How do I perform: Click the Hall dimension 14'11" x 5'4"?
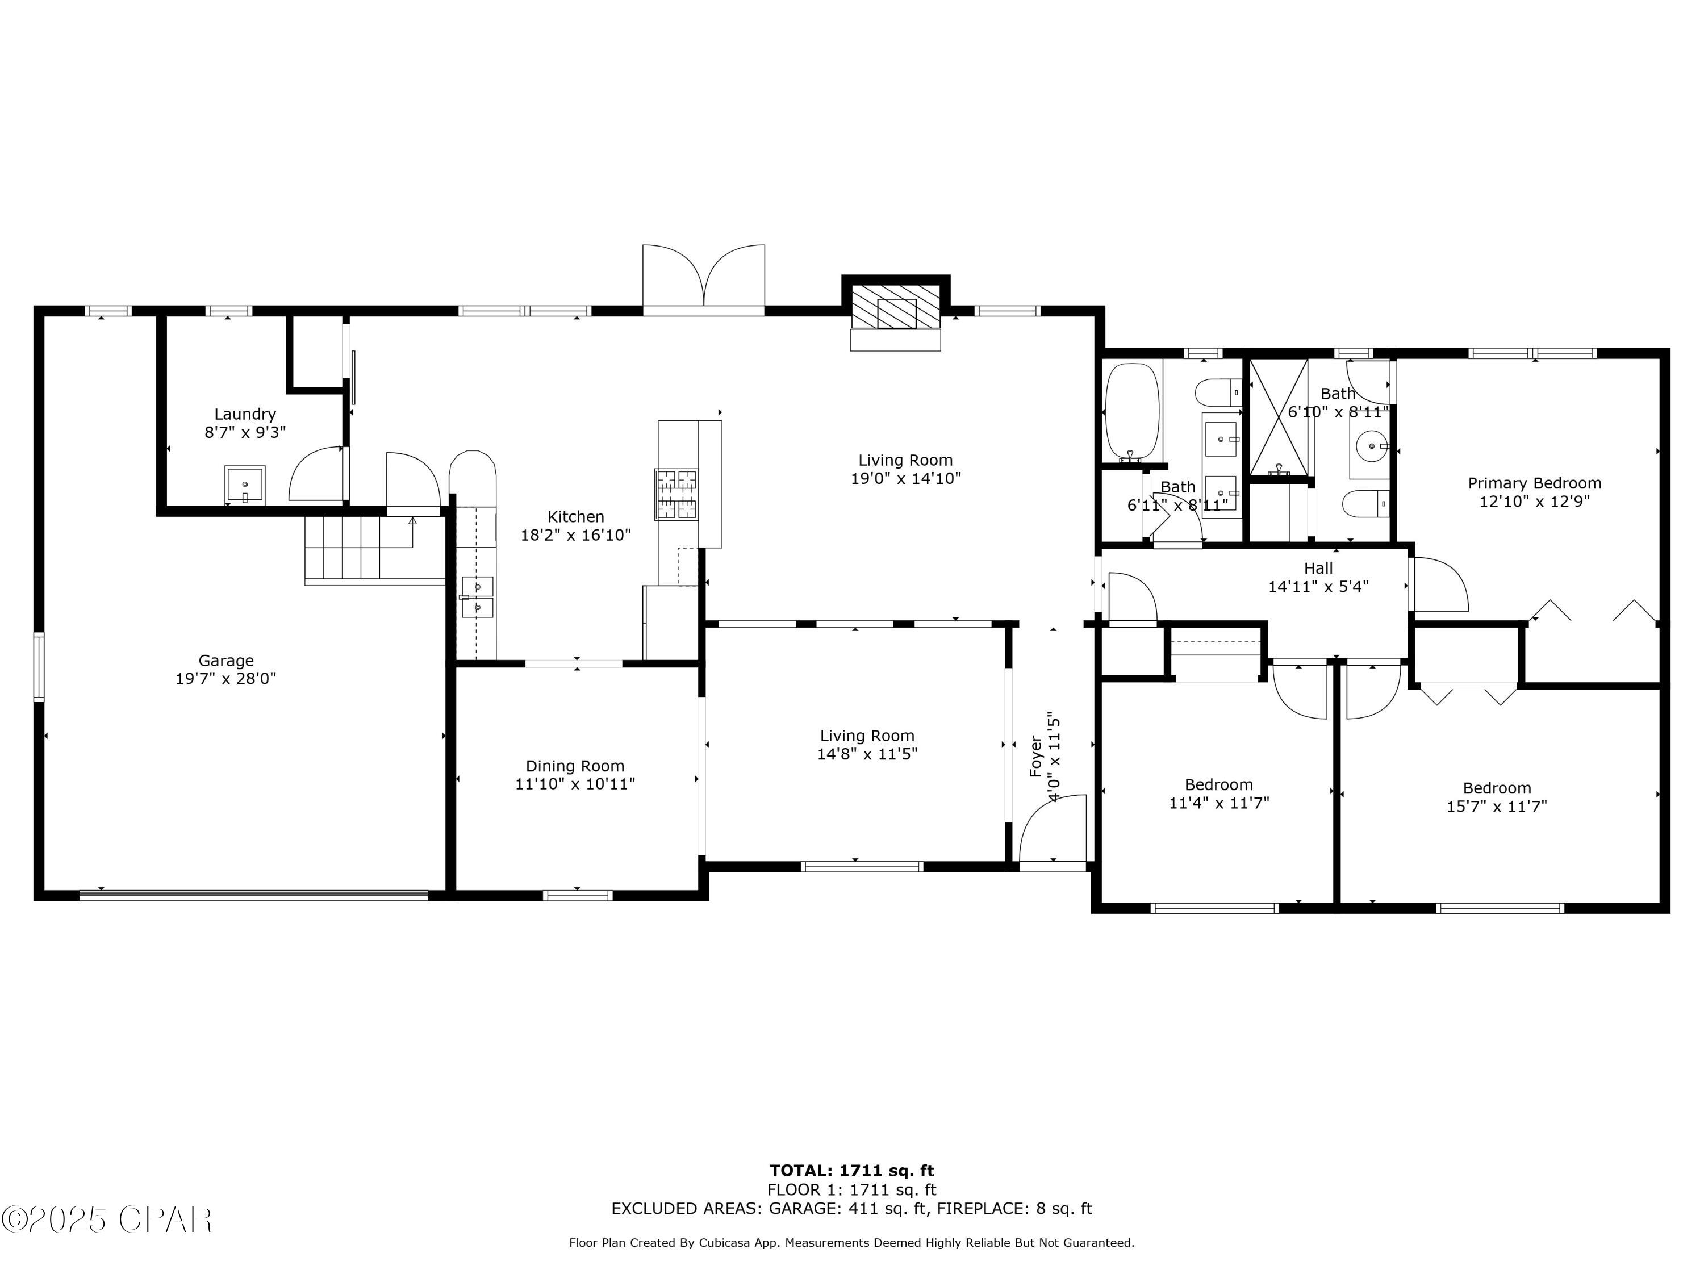1318,587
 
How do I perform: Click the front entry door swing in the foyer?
1054,830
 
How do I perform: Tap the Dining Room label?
575,766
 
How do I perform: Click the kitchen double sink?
477,597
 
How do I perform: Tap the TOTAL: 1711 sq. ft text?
851,1171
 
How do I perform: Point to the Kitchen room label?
575,517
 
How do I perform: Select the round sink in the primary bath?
1371,446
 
